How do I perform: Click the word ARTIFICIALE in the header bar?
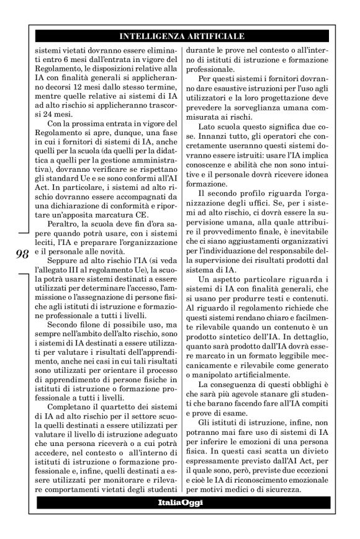click(215, 37)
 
